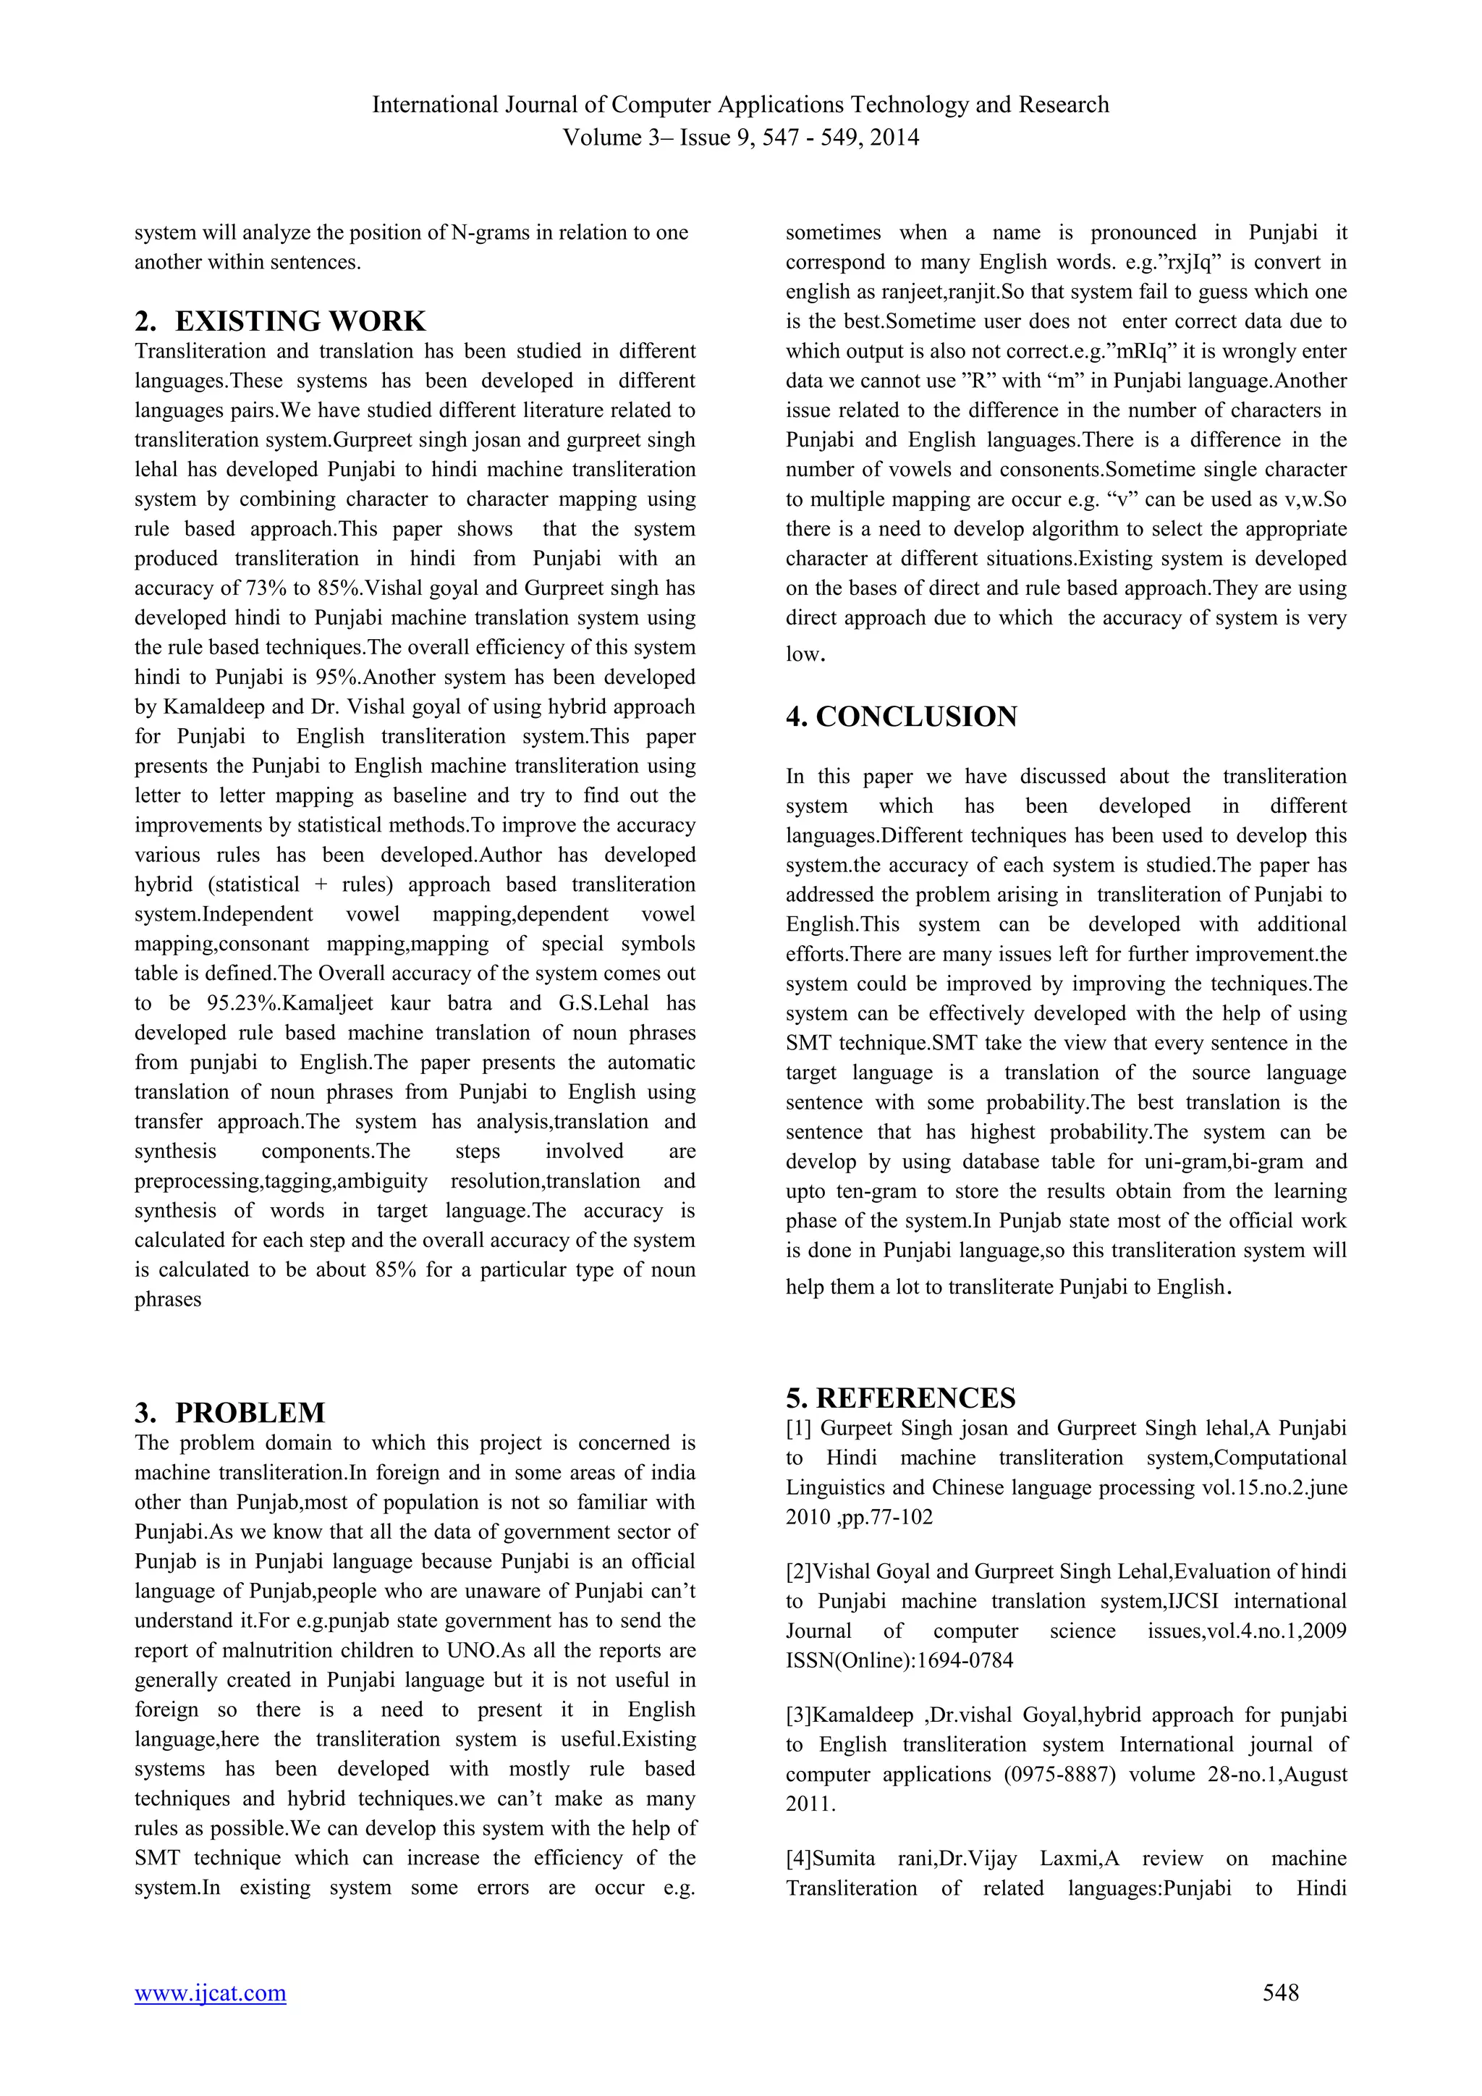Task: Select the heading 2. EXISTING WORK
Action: [280, 321]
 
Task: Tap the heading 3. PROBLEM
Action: [230, 1412]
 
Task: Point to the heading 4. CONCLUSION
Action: [901, 717]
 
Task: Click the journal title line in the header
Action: [740, 105]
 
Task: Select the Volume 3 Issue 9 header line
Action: [740, 138]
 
